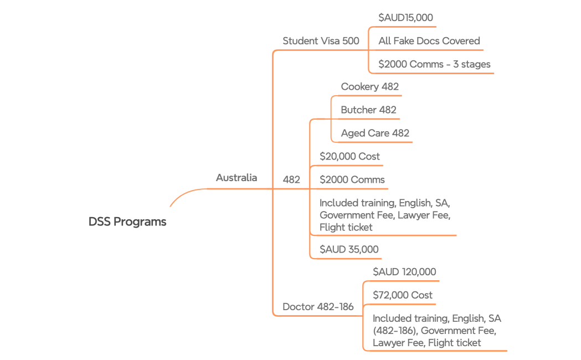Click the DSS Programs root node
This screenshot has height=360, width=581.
pyautogui.click(x=127, y=222)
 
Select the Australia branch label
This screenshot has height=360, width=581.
pyautogui.click(x=236, y=178)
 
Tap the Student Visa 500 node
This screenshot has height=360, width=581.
pyautogui.click(x=321, y=41)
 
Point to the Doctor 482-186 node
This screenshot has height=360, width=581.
pyautogui.click(x=318, y=307)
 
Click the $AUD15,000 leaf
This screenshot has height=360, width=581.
pyautogui.click(x=405, y=18)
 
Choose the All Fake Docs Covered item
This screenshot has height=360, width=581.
pyautogui.click(x=429, y=41)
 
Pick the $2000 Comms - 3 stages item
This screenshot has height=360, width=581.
pyautogui.click(x=434, y=64)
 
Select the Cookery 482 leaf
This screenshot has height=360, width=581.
pyautogui.click(x=369, y=87)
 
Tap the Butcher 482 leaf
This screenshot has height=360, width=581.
pyautogui.click(x=368, y=110)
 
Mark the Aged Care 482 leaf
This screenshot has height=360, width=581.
pyautogui.click(x=375, y=133)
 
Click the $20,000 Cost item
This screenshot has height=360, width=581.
pyautogui.click(x=349, y=157)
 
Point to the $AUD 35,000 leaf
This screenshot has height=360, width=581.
pyautogui.click(x=349, y=250)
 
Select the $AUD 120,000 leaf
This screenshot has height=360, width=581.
pyautogui.click(x=404, y=272)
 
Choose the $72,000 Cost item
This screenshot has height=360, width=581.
pyautogui.click(x=403, y=295)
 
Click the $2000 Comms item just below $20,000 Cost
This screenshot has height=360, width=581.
pyautogui.click(x=352, y=180)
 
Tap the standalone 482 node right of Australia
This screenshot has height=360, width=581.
pyautogui.click(x=291, y=180)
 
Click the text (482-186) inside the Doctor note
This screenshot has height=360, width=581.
pyautogui.click(x=394, y=331)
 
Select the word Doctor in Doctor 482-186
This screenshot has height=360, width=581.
pyautogui.click(x=298, y=307)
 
